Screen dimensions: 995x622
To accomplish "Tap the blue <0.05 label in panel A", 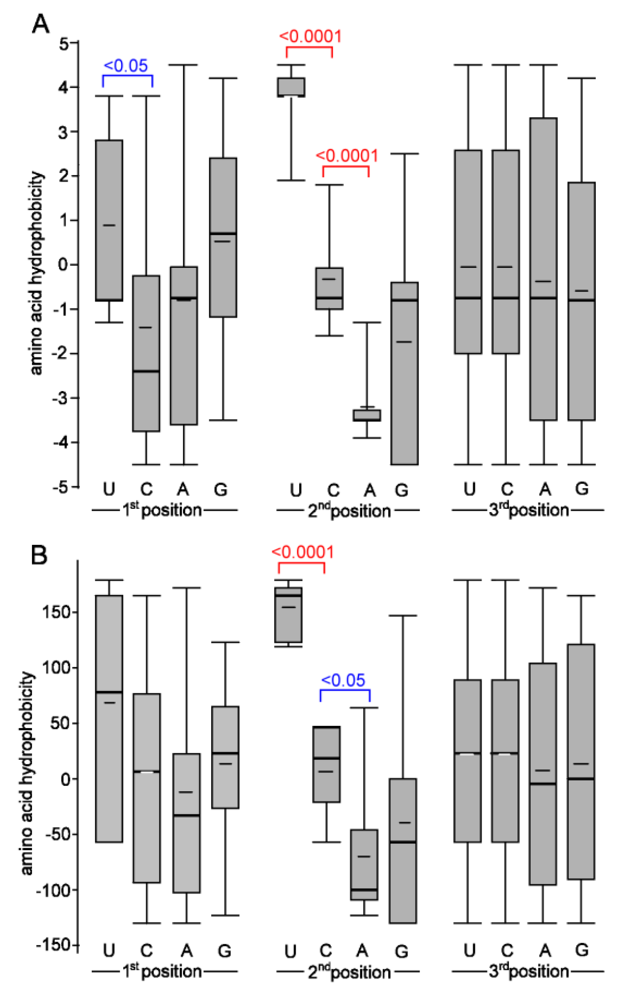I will [x=126, y=66].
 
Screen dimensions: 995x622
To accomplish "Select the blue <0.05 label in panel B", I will [x=343, y=680].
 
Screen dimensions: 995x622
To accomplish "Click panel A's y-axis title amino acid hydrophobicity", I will [x=36, y=273].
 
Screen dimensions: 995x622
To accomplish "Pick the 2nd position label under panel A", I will [x=349, y=511].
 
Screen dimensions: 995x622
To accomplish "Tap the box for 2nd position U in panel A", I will [x=292, y=87].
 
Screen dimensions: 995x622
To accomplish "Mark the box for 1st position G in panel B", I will [x=225, y=757].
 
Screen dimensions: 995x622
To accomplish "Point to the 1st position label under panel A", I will [x=162, y=510].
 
